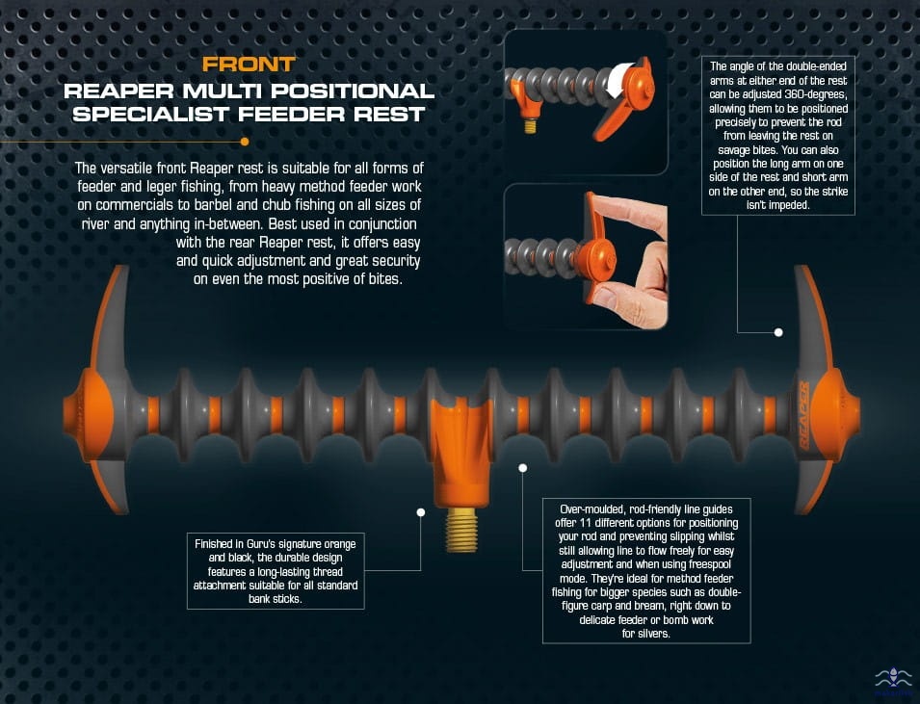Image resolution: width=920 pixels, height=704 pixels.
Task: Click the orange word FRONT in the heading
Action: click(x=249, y=64)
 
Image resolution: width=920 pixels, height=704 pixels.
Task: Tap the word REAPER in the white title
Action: click(x=118, y=91)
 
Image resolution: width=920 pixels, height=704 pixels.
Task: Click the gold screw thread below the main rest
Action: click(x=461, y=530)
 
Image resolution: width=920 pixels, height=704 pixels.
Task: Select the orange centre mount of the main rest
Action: click(x=461, y=453)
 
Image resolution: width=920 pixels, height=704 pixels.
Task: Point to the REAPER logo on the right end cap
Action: click(x=803, y=415)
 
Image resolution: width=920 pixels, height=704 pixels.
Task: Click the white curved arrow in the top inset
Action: click(x=619, y=80)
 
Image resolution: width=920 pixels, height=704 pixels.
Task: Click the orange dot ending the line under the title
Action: click(x=245, y=142)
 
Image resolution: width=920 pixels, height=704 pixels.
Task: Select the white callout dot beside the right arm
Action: click(x=778, y=332)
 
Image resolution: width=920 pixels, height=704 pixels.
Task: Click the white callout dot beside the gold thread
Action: click(x=421, y=512)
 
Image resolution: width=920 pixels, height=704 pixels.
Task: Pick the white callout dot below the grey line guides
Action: click(x=523, y=468)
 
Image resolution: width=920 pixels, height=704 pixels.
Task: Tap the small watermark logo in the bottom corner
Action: click(x=893, y=682)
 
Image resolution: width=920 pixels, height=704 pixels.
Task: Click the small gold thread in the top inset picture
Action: click(x=531, y=125)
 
